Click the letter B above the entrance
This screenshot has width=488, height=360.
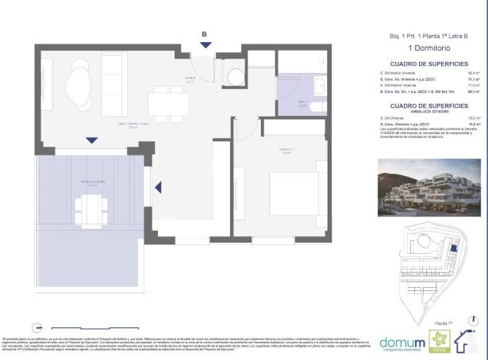(204, 34)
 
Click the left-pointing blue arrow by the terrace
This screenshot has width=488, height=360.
(158, 188)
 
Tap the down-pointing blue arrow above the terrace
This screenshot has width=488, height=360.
(92, 140)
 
